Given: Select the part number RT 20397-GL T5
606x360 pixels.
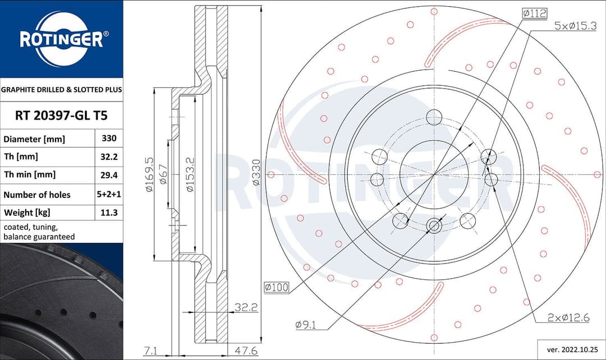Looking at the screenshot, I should (61, 116).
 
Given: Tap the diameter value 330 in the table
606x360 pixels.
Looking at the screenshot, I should (108, 138).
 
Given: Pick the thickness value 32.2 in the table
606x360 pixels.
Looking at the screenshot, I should (108, 156).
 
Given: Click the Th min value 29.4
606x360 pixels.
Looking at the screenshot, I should (108, 175).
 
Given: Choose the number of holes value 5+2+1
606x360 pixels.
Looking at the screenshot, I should (108, 195).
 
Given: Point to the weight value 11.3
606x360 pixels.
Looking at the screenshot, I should (108, 213).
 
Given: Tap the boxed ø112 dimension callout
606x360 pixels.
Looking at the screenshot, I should (534, 13).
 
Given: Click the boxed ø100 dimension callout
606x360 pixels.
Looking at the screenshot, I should (277, 288).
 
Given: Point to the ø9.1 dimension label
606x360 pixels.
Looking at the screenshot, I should (306, 325).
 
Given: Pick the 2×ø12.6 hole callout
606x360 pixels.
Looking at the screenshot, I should (568, 318).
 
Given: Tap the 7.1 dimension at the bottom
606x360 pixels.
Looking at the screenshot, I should (150, 351).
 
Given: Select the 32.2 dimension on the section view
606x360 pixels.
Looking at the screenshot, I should (245, 307).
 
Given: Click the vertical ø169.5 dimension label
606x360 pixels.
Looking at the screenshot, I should (149, 175).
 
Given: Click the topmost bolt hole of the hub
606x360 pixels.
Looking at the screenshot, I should (434, 118).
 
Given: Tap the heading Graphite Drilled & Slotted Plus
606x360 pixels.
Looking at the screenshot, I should (61, 89).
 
